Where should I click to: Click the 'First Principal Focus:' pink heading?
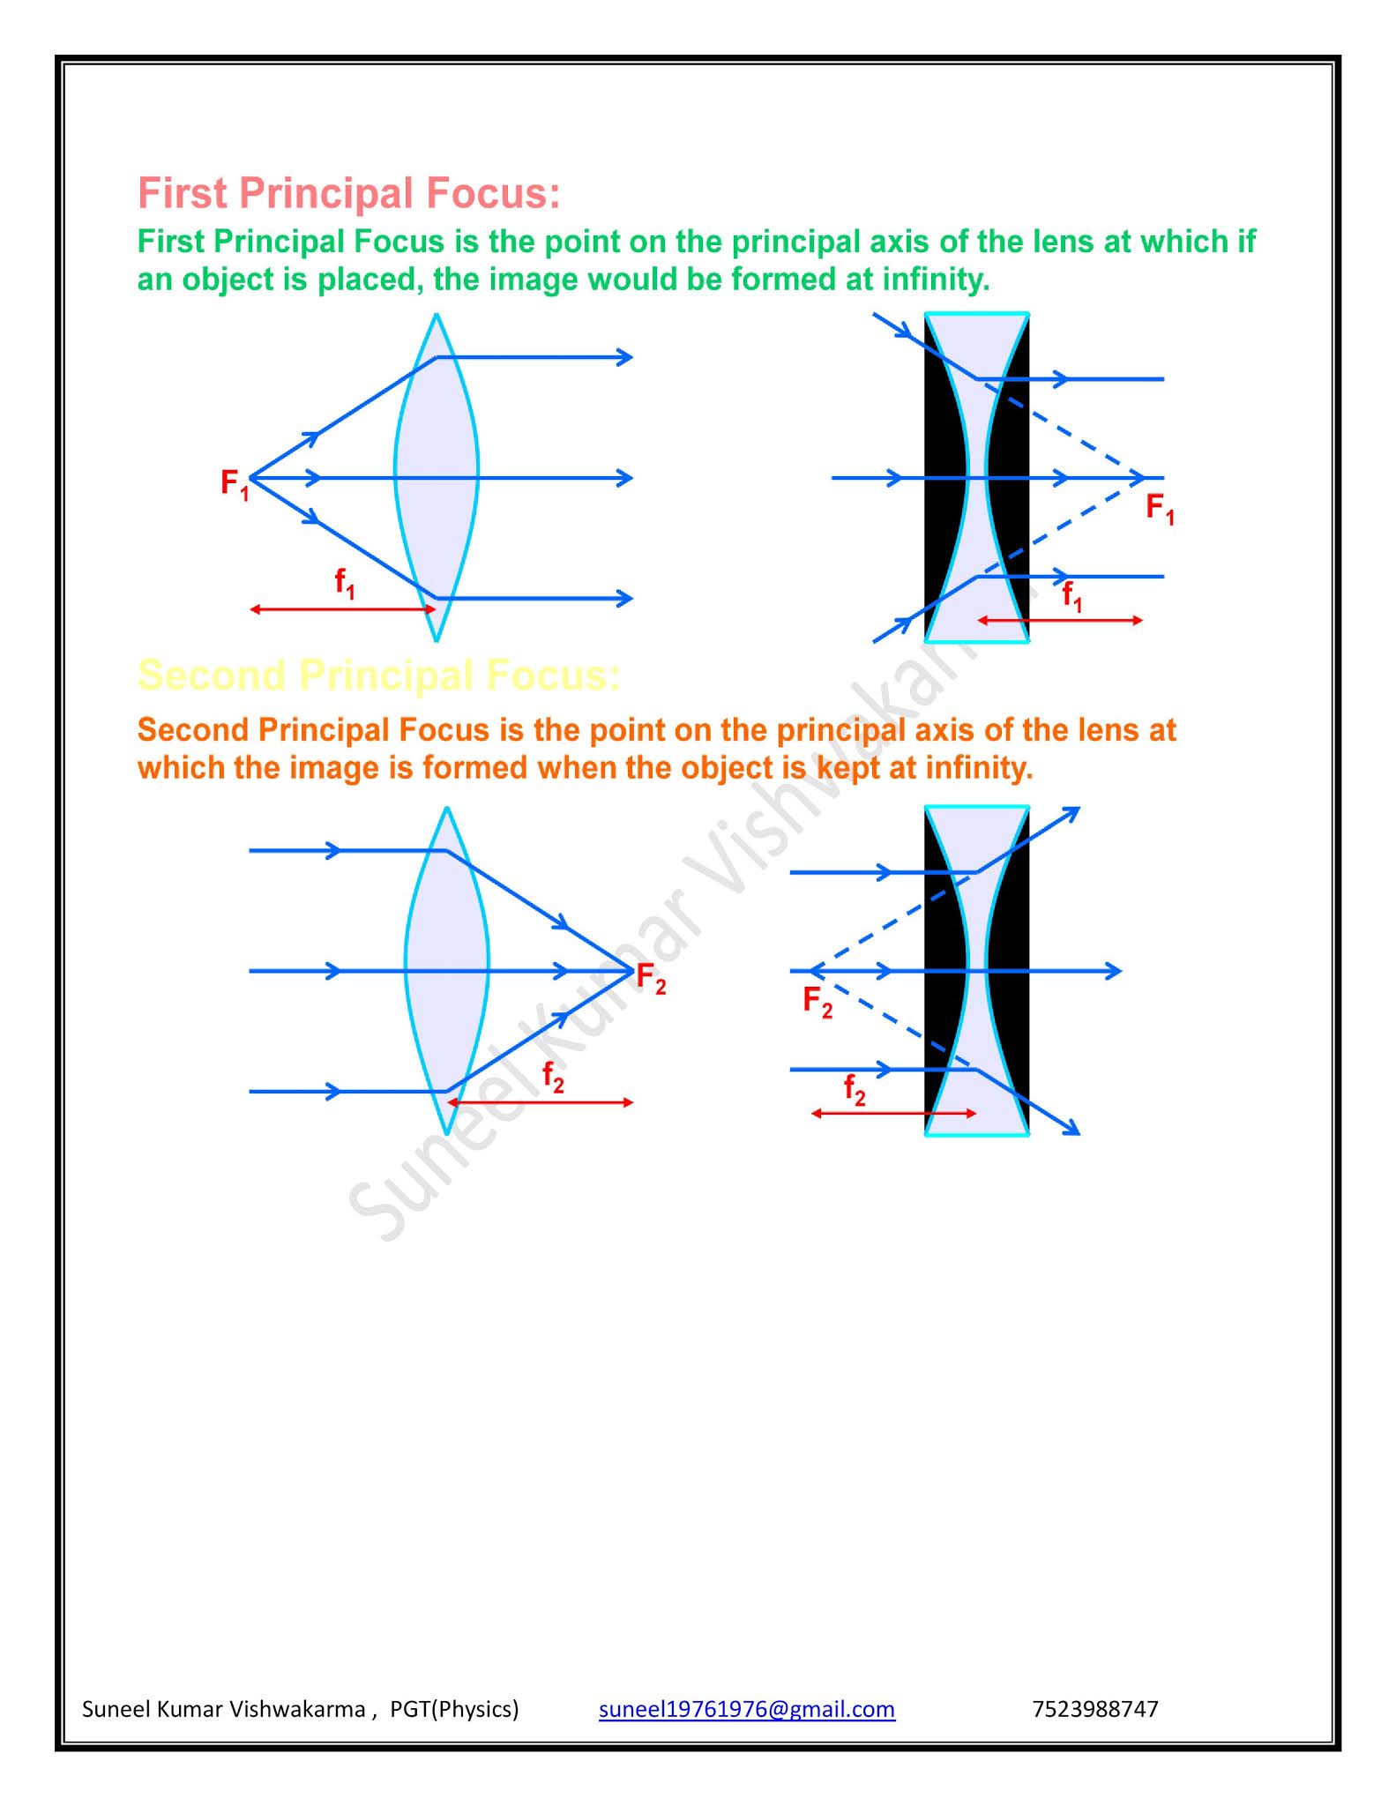[348, 194]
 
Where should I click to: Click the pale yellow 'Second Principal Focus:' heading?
[379, 675]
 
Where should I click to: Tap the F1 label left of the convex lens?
[235, 484]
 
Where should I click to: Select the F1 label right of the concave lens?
[1160, 509]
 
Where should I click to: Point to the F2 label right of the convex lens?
[651, 979]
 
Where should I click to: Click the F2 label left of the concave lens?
[817, 1002]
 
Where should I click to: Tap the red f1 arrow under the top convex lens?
[343, 609]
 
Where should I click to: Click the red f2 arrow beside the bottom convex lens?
[540, 1102]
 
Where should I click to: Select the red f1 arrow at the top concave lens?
[1060, 621]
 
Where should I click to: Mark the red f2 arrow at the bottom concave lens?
[893, 1114]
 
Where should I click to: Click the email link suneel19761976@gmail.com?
[746, 1709]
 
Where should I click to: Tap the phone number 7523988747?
[1094, 1709]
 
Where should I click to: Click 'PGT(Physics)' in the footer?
[454, 1709]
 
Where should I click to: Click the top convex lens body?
[437, 478]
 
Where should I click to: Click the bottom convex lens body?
[447, 971]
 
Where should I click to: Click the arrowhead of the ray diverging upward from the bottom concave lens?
[1072, 812]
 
